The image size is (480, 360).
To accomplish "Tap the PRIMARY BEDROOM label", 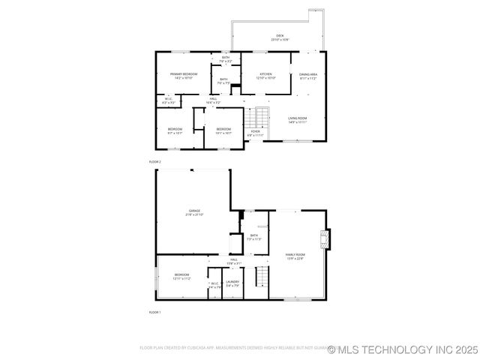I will pyautogui.click(x=183, y=75).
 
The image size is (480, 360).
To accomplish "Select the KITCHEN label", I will pyautogui.click(x=266, y=75).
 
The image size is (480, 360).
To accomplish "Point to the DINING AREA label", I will pyautogui.click(x=308, y=75).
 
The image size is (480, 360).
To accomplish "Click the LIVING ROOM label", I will pyautogui.click(x=298, y=119).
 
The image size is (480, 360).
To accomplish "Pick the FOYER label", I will pyautogui.click(x=256, y=133).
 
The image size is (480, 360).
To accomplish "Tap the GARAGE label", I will pyautogui.click(x=194, y=212).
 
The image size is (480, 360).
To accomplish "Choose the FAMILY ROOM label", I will pyautogui.click(x=295, y=256).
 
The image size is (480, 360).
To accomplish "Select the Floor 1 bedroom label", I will pyautogui.click(x=182, y=276).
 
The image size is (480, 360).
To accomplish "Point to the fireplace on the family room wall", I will pyautogui.click(x=323, y=238).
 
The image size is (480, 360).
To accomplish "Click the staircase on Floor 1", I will pyautogui.click(x=262, y=277).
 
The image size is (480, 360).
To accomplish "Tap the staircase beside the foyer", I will pyautogui.click(x=260, y=117).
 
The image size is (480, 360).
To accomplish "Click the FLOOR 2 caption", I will pyautogui.click(x=155, y=161).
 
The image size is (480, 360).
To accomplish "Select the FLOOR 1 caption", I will pyautogui.click(x=155, y=311).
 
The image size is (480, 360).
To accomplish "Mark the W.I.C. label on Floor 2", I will pyautogui.click(x=168, y=101).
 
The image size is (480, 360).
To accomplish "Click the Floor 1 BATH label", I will pyautogui.click(x=254, y=237).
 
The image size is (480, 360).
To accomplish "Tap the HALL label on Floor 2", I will pyautogui.click(x=214, y=101).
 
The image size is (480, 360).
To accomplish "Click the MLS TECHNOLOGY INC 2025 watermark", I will pyautogui.click(x=403, y=349).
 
